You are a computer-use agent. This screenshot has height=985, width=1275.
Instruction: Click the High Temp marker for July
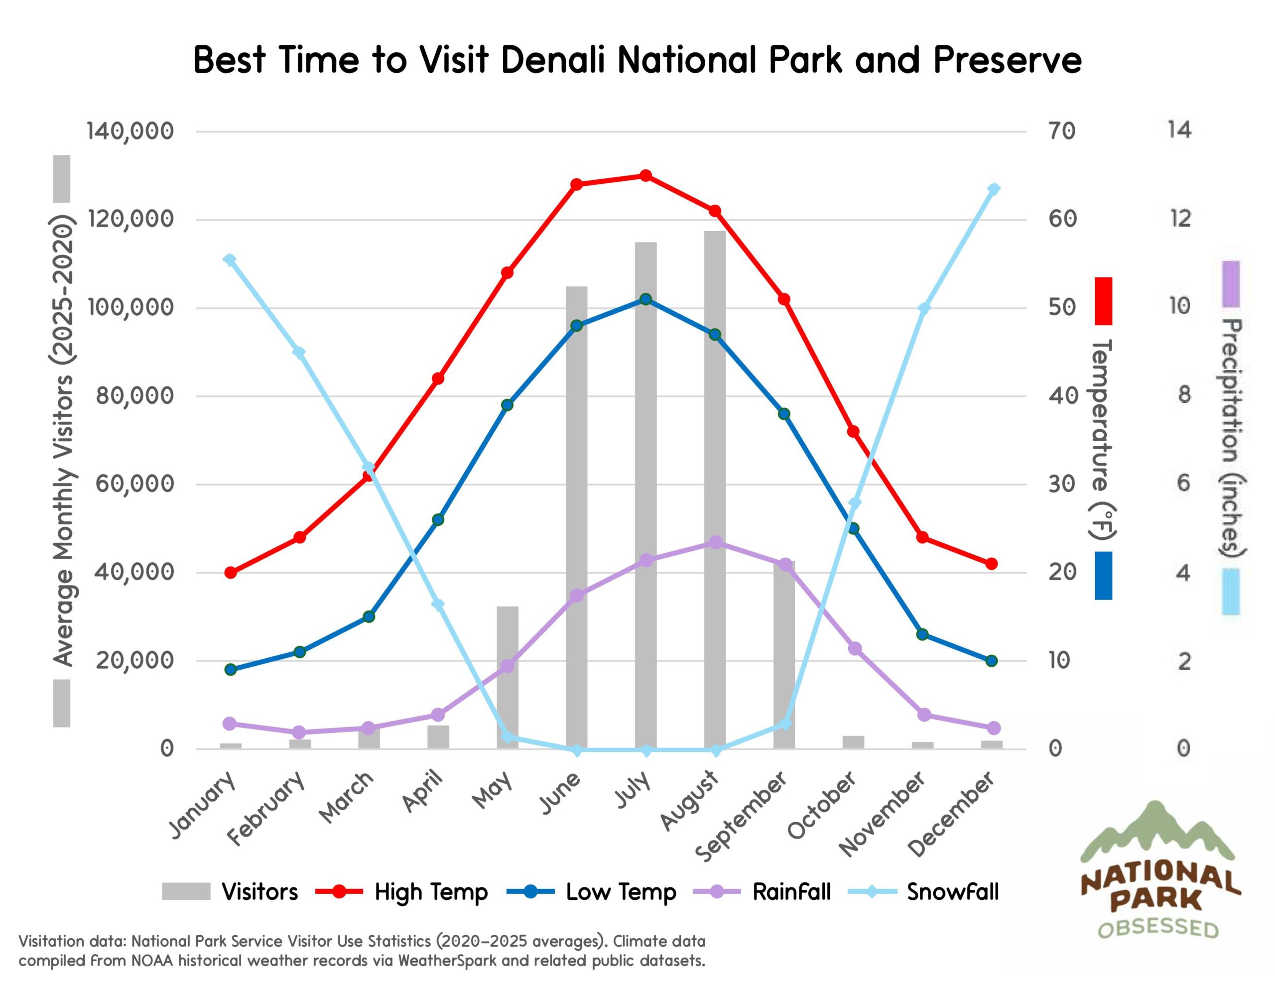point(645,176)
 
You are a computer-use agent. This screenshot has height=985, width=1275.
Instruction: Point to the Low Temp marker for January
point(231,670)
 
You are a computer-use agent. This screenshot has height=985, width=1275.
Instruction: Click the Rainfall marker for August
point(715,543)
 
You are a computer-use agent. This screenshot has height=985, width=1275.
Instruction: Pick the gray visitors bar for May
point(508,677)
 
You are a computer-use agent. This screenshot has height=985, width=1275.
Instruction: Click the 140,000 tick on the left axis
point(130,131)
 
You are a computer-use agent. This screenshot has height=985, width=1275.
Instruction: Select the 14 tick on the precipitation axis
point(1179,129)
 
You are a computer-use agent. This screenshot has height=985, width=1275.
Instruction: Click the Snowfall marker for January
point(230,260)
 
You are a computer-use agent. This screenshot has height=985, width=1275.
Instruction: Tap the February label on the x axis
point(267,809)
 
